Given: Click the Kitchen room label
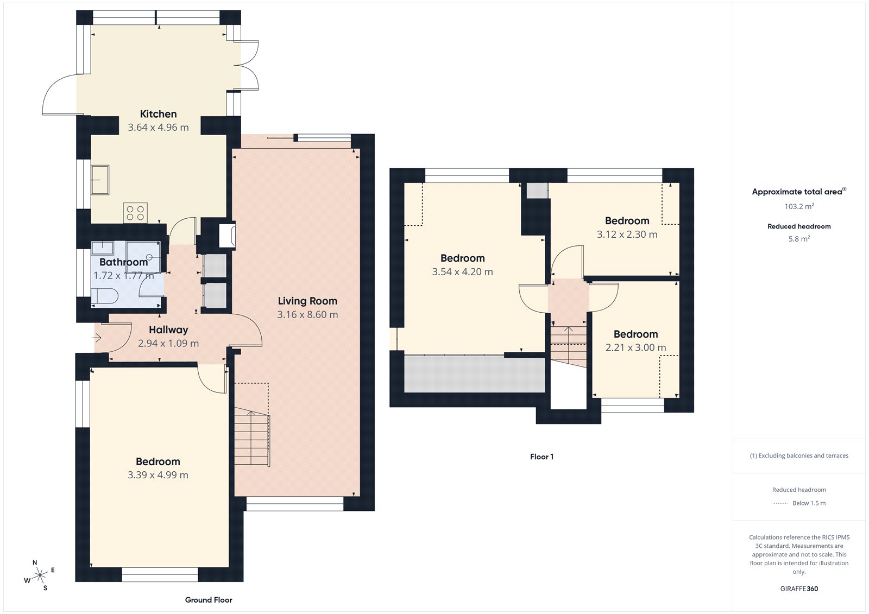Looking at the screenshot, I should point(158,114).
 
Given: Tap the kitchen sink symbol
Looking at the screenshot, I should point(100,180).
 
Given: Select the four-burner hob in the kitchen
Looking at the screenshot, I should point(135,213).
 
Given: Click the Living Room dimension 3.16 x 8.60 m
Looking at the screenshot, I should point(307,315).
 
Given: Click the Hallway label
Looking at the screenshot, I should point(168,330).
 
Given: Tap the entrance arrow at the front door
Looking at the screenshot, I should point(97,338).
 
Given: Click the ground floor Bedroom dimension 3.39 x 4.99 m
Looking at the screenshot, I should point(158,475).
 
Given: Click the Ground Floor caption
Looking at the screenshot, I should point(209,600).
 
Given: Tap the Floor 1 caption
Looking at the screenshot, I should point(541,457).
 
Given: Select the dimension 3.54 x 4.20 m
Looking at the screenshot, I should point(462,272).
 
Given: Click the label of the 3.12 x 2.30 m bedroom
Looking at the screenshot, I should point(627,221).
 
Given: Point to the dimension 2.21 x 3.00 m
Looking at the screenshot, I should point(635,347).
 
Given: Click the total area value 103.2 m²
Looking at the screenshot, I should point(799,206).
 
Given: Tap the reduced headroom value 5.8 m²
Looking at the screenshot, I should point(799,239).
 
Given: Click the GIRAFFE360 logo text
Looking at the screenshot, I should point(799,588).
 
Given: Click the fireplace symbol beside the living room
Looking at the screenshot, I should point(227,236).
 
